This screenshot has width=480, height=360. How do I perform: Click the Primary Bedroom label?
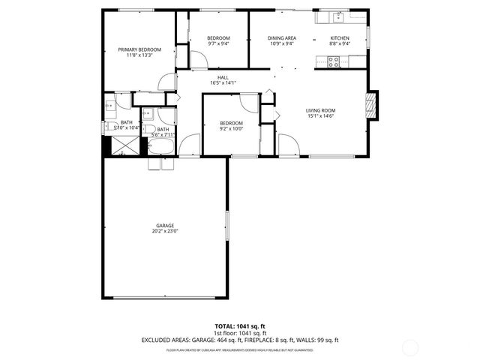(x=139, y=49)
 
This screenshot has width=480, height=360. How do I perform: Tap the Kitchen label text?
(x=340, y=37)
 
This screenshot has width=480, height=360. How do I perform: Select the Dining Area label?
(x=282, y=37)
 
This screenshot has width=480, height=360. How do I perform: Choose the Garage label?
(x=165, y=226)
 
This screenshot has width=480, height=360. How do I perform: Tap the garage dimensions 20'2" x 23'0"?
(x=165, y=232)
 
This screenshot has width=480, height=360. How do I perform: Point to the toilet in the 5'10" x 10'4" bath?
(x=109, y=126)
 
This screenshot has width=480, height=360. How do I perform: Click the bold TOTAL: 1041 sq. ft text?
(x=239, y=326)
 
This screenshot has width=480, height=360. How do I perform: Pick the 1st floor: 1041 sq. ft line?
(x=239, y=333)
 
